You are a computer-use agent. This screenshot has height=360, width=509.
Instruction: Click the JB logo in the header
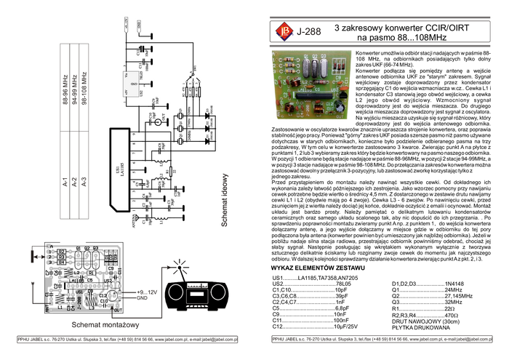pyautogui.click(x=281, y=31)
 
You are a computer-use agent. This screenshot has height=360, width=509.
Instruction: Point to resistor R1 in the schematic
pyautogui.click(x=167, y=172)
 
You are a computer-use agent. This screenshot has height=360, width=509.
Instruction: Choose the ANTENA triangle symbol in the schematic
pyautogui.click(x=135, y=217)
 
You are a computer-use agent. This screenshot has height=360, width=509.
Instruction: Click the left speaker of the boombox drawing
pyautogui.click(x=175, y=292)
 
